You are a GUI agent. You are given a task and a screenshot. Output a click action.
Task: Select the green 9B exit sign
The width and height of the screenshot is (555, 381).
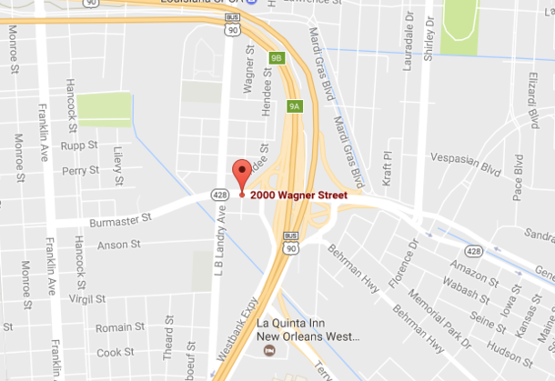pos(277,59)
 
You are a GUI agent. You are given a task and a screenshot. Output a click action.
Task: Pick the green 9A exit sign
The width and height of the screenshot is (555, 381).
pos(294,105)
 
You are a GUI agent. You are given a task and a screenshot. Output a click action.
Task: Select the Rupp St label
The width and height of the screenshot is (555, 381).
pos(80,145)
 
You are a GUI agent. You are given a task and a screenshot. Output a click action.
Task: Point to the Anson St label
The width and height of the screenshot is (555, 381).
pos(118,244)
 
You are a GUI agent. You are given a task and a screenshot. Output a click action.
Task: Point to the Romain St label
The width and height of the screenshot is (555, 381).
pos(115,327)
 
